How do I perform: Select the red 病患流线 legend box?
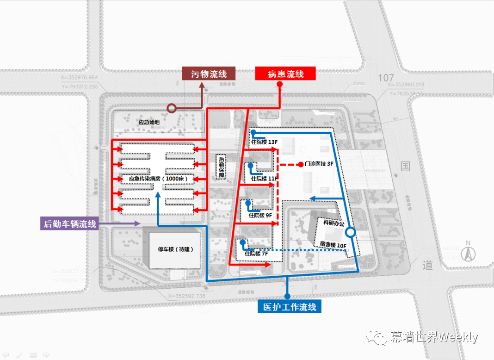point(285,74)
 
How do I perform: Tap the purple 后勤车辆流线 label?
point(69,224)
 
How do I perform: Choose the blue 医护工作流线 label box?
point(289,306)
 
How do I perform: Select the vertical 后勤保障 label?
point(222,167)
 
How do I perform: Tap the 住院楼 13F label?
point(264,142)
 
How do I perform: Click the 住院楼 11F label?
point(264,178)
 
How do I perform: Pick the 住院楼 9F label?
point(260,215)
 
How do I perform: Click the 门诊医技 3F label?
point(319,164)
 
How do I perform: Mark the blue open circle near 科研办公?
point(351,232)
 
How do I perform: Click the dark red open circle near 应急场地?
point(172,108)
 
